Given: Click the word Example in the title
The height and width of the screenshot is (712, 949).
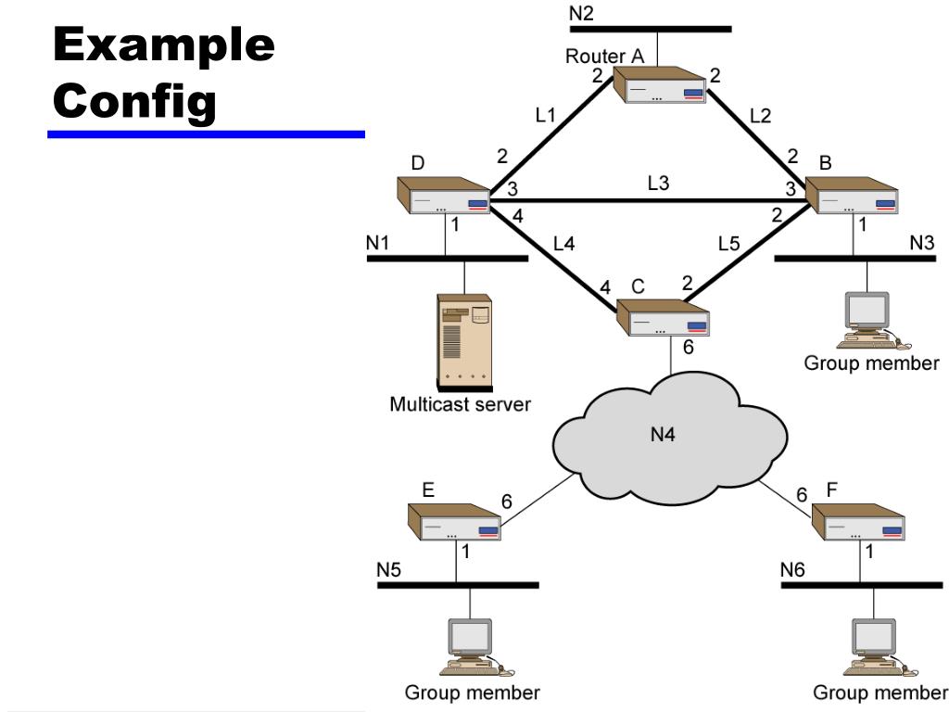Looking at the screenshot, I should pyautogui.click(x=164, y=44).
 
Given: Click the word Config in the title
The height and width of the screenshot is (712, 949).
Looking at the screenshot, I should pyautogui.click(x=135, y=103).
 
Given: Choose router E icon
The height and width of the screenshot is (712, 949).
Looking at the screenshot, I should pyautogui.click(x=455, y=523).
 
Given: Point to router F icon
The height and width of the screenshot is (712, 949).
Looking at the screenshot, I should pyautogui.click(x=858, y=523).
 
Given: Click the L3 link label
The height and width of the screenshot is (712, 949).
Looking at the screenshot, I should pyautogui.click(x=658, y=184).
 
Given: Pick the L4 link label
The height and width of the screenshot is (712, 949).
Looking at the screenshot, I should pyautogui.click(x=564, y=245).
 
